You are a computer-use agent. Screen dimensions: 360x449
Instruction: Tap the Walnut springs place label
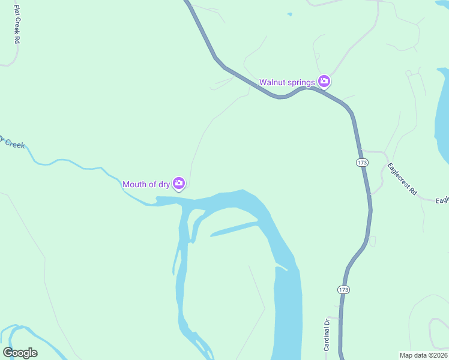287,82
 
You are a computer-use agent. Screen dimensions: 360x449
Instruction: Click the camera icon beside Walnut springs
324,81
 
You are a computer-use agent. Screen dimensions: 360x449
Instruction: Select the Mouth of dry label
146,184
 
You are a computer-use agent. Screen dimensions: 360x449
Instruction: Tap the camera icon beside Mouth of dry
179,184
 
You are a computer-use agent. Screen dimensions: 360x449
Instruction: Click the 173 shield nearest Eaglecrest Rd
361,163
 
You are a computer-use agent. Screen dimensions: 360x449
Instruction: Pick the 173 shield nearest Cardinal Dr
343,290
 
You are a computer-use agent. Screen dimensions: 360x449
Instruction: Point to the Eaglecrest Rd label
402,179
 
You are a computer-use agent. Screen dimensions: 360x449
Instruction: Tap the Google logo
20,353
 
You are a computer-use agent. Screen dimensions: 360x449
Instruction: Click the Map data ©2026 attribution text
424,355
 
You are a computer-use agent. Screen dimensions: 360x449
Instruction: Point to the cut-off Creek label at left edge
12,142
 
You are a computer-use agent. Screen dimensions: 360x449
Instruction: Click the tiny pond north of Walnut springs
289,13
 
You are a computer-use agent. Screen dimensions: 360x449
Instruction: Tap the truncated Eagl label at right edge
442,201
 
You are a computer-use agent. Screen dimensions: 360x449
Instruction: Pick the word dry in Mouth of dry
164,184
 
